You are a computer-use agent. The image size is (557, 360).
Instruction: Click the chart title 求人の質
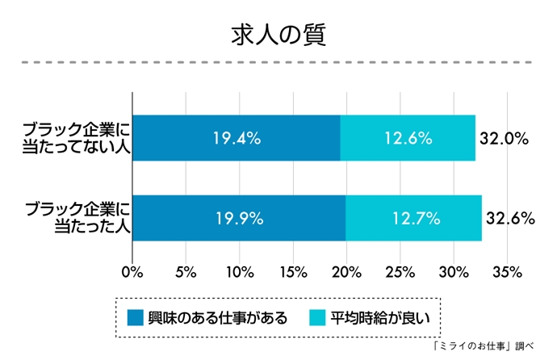(x=278, y=36)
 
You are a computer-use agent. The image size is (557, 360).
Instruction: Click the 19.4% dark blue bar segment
(x=236, y=138)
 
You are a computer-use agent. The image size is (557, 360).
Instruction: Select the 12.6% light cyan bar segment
(x=408, y=138)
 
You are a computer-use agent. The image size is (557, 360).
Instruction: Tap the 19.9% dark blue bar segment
(x=238, y=218)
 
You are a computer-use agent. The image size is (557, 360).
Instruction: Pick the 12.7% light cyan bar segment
(x=413, y=218)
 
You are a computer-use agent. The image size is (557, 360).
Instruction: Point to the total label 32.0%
(x=504, y=138)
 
